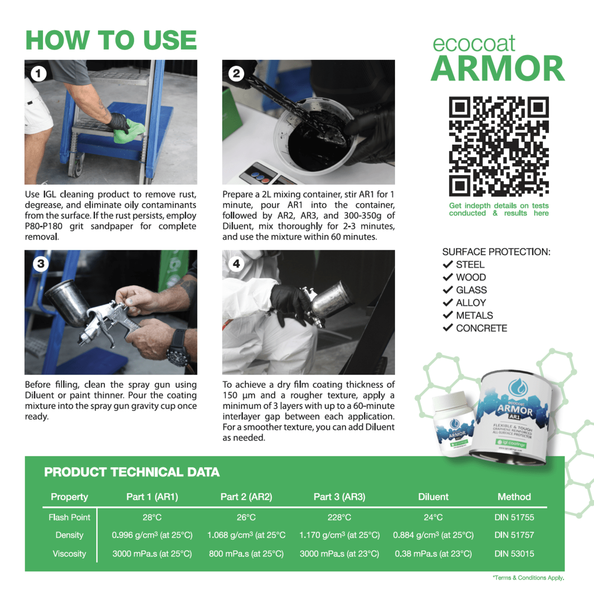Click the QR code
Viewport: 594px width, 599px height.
click(x=498, y=146)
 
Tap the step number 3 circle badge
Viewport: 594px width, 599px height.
click(x=41, y=264)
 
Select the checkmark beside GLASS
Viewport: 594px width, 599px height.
click(x=448, y=290)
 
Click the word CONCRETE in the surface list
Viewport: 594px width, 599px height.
click(x=481, y=328)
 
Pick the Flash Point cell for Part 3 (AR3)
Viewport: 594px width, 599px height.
click(x=339, y=517)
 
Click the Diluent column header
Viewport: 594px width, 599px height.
click(x=433, y=496)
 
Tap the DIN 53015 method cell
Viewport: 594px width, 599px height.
click(x=514, y=553)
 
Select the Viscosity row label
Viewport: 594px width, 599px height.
click(x=69, y=553)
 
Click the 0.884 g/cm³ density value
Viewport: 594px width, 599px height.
click(x=433, y=535)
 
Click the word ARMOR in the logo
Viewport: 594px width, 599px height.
click(x=497, y=69)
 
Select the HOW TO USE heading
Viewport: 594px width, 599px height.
click(x=111, y=40)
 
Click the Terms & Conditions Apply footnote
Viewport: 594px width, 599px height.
click(x=528, y=578)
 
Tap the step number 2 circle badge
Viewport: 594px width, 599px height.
click(x=236, y=74)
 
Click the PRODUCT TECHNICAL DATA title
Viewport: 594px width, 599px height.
click(x=132, y=472)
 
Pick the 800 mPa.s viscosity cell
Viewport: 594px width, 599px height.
click(x=246, y=553)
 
